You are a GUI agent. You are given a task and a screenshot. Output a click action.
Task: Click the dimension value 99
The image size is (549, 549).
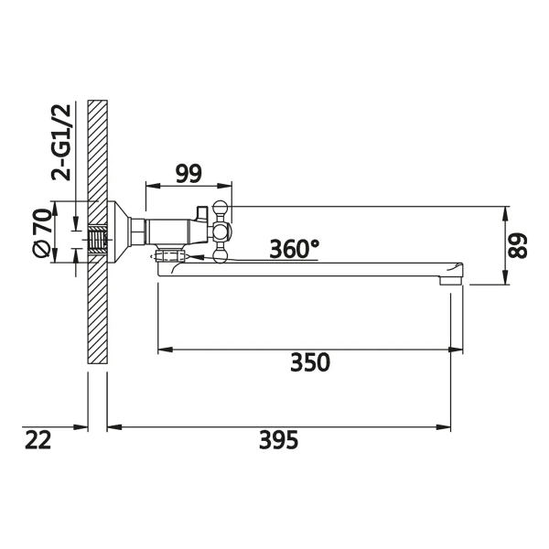click(188, 174)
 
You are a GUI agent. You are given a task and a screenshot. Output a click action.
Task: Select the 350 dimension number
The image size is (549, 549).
click(310, 362)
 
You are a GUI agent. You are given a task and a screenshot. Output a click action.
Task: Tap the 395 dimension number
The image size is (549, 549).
click(279, 440)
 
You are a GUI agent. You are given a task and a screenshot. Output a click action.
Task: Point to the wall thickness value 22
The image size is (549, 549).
click(38, 440)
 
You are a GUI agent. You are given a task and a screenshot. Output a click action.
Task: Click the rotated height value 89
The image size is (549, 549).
click(518, 245)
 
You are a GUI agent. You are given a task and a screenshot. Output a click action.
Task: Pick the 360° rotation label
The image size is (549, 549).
click(295, 249)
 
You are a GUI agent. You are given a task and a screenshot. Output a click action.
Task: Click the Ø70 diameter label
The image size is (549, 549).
click(42, 233)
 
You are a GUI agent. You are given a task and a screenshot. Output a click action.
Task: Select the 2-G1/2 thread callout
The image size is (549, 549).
click(61, 143)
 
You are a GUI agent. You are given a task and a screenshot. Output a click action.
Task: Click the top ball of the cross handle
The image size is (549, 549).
click(221, 207)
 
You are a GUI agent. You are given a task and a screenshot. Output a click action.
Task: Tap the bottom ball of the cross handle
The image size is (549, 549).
click(221, 254)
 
